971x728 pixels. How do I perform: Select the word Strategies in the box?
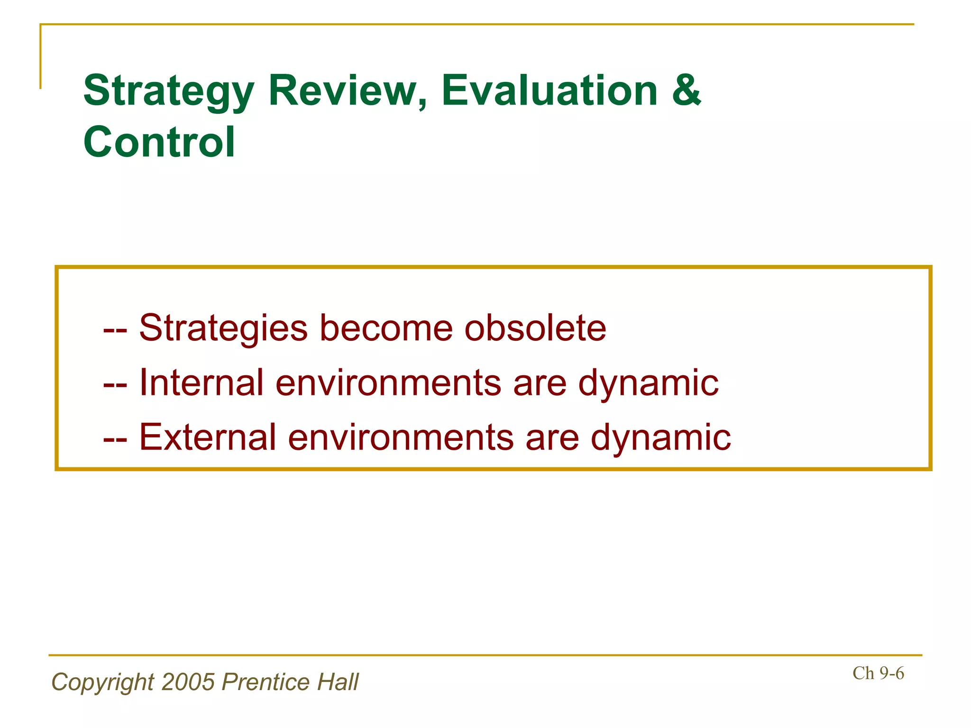point(223,328)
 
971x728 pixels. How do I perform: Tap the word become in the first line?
point(386,328)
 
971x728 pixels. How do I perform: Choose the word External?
point(207,437)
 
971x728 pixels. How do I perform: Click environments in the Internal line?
point(388,382)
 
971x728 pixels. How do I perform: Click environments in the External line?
point(400,437)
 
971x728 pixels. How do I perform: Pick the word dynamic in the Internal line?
point(648,382)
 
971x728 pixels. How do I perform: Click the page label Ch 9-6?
point(878,673)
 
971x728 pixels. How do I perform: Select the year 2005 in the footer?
point(188,682)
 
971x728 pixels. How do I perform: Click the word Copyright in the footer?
point(103,682)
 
